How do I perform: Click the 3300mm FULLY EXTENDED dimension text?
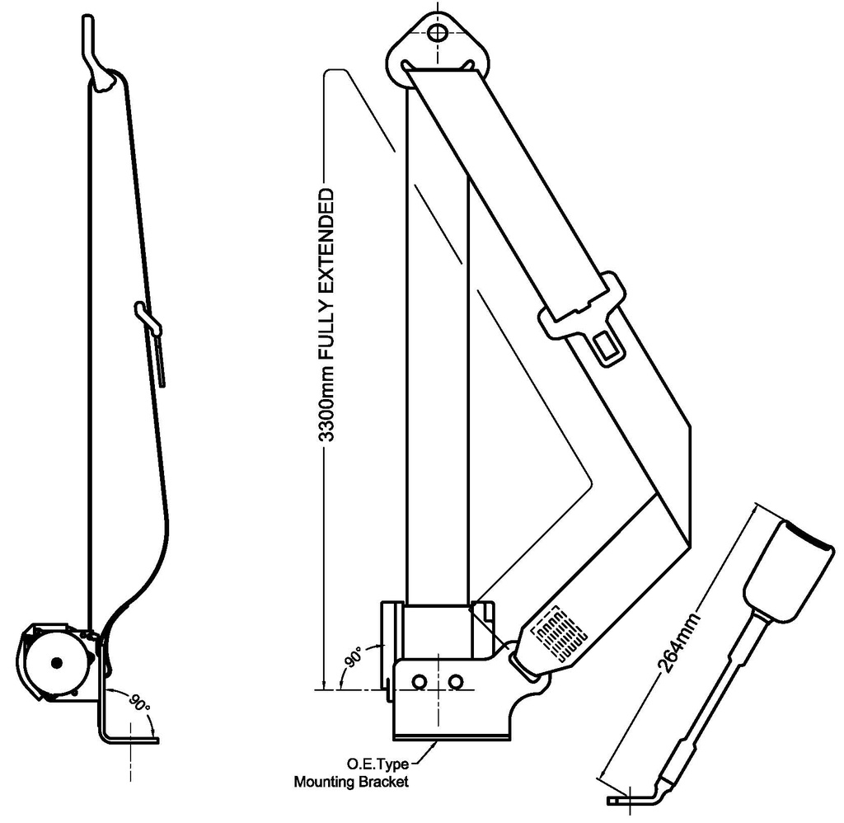coord(326,315)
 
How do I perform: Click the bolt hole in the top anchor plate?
coord(438,33)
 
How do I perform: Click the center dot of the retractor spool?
coord(56,662)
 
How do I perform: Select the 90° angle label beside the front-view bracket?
coord(354,658)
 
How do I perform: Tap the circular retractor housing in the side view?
coord(54,664)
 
